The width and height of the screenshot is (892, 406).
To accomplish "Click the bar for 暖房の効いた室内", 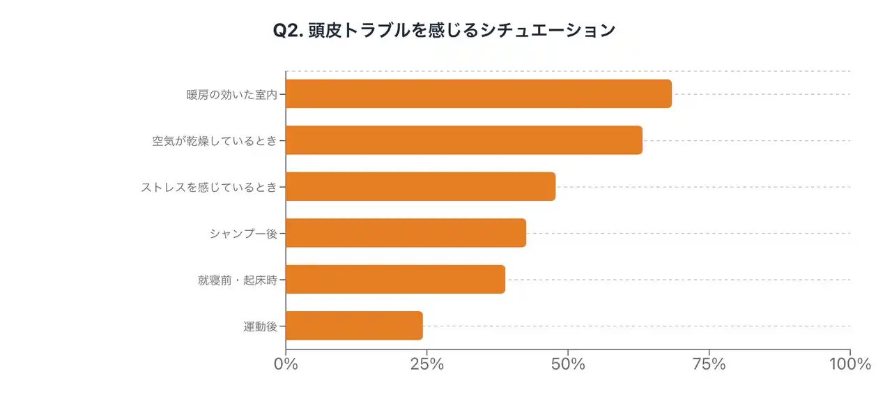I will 478,94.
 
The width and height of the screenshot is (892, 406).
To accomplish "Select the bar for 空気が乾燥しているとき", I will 463,140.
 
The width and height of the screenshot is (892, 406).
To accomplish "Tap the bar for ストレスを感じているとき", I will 420,186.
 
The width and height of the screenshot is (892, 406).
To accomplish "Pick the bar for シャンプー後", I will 406,233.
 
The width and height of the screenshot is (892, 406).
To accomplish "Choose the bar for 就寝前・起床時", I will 395,279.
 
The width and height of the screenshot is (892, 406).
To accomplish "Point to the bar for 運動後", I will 354,326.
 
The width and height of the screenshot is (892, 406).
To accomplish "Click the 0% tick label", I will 286,364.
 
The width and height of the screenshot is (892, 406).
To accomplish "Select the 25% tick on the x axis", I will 427,364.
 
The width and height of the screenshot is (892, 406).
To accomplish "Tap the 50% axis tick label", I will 568,364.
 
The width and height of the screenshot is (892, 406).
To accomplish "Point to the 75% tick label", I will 709,364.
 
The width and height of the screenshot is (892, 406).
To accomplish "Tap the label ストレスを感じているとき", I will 209,187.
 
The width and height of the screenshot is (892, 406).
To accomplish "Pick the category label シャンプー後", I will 243,233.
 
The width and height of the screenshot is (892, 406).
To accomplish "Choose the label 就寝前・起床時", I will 238,280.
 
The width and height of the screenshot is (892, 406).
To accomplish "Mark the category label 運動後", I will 261,326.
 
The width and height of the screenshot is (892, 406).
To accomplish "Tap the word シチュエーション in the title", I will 548,31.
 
